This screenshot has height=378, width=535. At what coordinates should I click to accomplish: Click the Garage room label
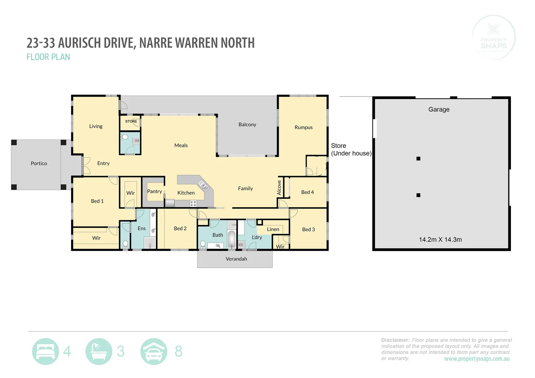point(439,110)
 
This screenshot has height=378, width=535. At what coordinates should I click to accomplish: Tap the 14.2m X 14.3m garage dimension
point(440,240)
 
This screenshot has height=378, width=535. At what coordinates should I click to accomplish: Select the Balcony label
point(247,125)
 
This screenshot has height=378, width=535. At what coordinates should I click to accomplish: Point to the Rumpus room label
point(304,127)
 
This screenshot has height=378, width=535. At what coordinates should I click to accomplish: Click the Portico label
point(39,163)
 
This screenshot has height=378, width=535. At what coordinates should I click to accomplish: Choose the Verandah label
point(236,259)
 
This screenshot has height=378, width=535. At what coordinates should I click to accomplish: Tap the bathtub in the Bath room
point(232,239)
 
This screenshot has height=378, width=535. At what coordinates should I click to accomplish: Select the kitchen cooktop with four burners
point(193,203)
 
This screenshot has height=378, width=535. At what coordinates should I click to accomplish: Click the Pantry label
point(154,191)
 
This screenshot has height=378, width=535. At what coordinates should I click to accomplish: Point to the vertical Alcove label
point(279,188)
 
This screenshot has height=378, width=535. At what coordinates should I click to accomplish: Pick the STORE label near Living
point(131,121)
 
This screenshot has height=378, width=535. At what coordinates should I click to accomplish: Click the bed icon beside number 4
point(46,351)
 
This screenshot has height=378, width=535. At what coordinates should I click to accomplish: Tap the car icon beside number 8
point(154,351)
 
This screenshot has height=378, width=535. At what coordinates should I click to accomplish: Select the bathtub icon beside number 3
point(99,351)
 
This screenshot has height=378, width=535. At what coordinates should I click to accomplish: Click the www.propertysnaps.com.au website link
point(477,359)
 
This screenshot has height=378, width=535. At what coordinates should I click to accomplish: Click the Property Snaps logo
point(494,37)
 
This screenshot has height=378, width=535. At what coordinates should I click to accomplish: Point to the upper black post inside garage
point(418,159)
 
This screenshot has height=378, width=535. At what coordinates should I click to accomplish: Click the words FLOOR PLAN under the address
point(48,57)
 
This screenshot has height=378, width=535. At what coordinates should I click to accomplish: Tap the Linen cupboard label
point(273,229)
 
